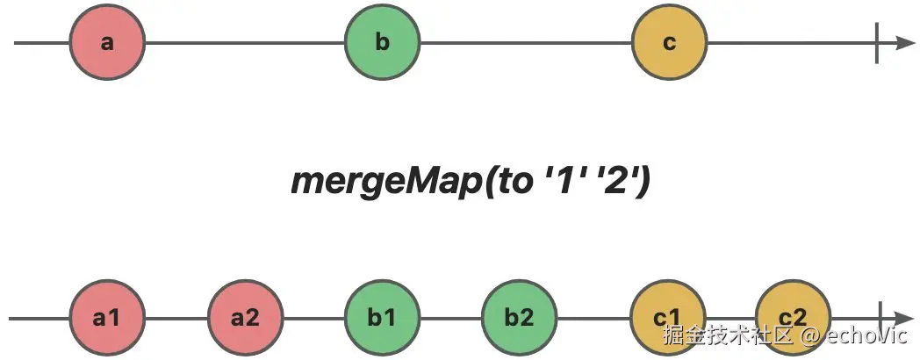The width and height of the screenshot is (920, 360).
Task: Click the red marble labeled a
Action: [106, 42]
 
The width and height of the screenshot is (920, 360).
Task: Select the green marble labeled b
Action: [382, 42]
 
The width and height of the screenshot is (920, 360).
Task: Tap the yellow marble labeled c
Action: [669, 42]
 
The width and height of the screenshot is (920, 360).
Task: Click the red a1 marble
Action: [106, 317]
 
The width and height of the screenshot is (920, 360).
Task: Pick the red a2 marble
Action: [245, 317]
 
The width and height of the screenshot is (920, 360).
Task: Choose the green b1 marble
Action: [382, 317]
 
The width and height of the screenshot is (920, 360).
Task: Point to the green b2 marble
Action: [519, 317]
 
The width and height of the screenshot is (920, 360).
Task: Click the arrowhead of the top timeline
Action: [905, 42]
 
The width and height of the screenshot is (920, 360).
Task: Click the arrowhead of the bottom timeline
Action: [905, 318]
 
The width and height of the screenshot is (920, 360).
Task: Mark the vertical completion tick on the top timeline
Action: [877, 42]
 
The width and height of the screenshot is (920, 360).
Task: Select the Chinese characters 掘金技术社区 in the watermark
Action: [727, 336]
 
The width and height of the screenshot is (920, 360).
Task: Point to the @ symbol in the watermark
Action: [810, 336]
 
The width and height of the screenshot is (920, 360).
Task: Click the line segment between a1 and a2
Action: [176, 318]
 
